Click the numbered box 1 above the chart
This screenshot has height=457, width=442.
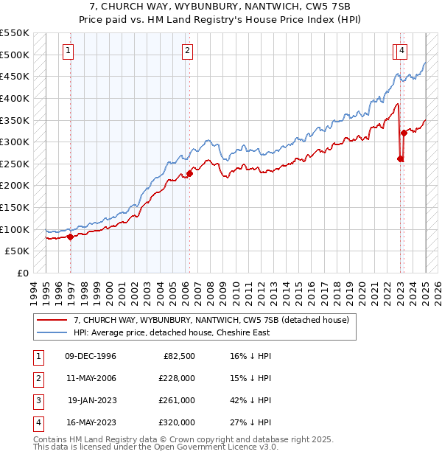pos(68,51)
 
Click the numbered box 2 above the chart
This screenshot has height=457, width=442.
pos(187,51)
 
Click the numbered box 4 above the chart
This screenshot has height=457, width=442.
pos(401,51)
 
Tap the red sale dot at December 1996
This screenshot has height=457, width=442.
pos(71,237)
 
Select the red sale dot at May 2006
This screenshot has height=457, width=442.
pos(189,173)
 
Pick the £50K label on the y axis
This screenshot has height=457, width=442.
pos(18,251)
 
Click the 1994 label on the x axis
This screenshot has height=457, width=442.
pos(34,292)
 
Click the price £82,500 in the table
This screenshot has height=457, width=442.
pos(178,356)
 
